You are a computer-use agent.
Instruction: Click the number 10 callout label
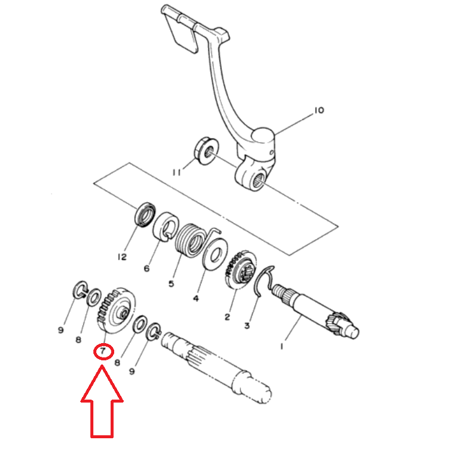(319, 111)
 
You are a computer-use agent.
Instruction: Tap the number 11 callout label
(177, 172)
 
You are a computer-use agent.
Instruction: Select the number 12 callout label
(122, 257)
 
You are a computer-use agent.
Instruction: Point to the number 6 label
(146, 269)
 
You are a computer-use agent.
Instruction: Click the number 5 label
(171, 284)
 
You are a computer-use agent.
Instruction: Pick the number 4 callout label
(196, 298)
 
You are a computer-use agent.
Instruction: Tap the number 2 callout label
(227, 317)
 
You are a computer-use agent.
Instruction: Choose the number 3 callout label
(247, 326)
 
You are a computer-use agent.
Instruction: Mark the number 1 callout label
(282, 346)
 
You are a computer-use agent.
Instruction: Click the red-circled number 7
(103, 351)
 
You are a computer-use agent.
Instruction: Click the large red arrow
(102, 402)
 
